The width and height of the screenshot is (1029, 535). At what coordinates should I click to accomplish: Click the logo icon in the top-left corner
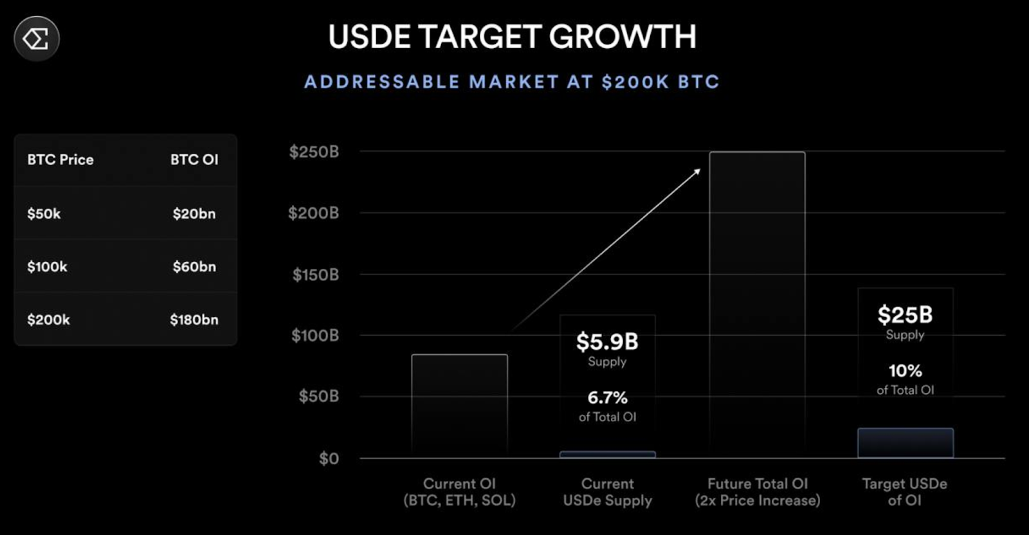[37, 39]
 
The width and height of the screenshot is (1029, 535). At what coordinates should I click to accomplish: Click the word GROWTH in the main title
[623, 37]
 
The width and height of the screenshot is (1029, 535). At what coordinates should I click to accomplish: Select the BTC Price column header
[60, 159]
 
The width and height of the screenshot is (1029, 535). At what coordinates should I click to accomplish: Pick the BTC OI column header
[194, 159]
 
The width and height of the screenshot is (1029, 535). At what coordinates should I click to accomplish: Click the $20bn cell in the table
[194, 213]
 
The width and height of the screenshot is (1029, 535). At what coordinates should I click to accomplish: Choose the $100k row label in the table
[47, 267]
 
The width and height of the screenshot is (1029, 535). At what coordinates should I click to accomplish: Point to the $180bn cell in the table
[194, 320]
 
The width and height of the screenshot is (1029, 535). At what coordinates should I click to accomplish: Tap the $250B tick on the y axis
[314, 152]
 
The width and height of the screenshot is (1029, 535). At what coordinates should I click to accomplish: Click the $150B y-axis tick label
[315, 275]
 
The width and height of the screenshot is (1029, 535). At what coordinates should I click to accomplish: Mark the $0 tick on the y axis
[329, 458]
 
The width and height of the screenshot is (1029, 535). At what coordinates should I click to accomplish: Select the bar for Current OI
[459, 406]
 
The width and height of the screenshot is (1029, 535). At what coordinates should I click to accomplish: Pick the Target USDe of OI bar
[905, 443]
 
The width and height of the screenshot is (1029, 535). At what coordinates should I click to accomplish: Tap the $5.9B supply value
[607, 342]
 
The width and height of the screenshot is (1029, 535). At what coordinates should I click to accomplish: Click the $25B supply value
[905, 315]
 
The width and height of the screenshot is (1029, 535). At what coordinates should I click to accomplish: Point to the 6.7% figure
[607, 398]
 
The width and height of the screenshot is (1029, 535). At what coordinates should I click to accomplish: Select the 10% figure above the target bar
[905, 371]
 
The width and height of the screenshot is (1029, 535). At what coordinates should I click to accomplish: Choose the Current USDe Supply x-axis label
[607, 492]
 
